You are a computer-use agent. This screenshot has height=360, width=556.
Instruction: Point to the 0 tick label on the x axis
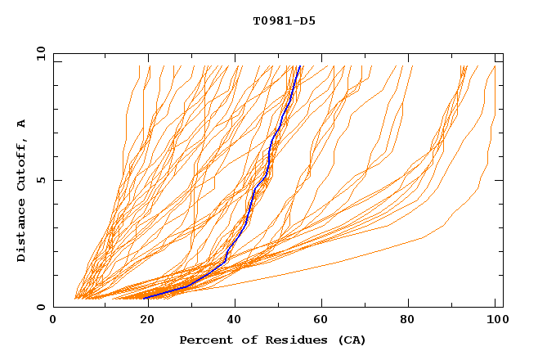tap(53, 322)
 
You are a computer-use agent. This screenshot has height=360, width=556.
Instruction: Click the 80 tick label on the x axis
tap(406, 322)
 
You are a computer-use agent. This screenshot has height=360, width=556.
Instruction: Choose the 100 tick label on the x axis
tap(491, 322)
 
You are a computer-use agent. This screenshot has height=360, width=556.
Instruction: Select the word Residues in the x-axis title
tap(276, 340)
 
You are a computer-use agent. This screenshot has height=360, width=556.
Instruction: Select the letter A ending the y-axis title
tap(22, 124)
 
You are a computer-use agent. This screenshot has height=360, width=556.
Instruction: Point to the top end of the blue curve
tap(300, 66)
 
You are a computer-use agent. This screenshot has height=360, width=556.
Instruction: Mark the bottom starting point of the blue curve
tap(146, 298)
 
